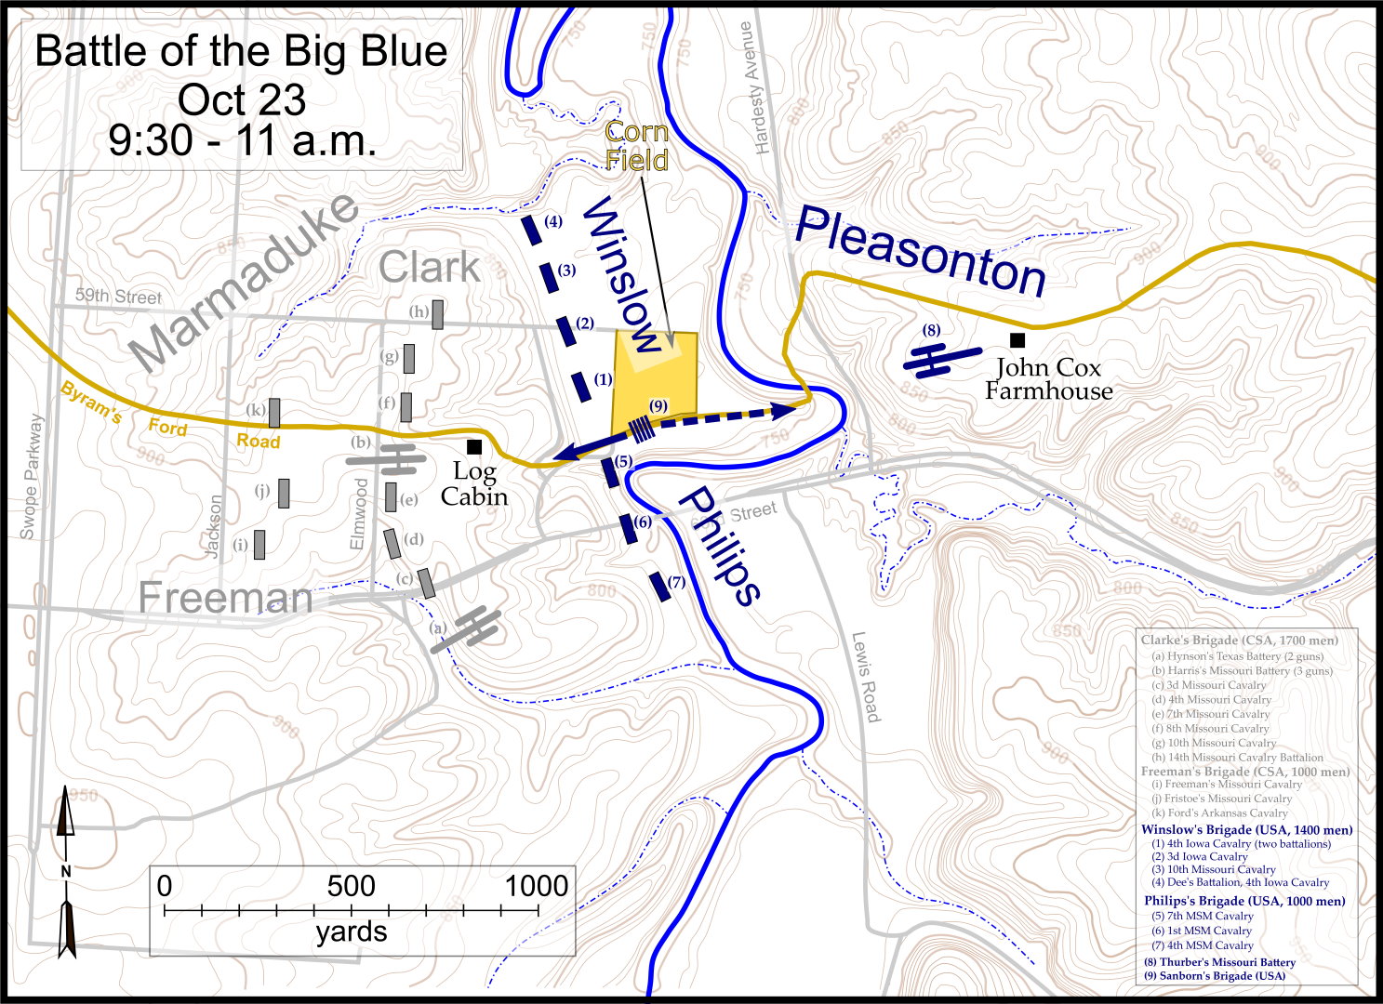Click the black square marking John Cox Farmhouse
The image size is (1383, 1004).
coord(1017,340)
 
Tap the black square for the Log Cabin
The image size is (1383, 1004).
coord(474,447)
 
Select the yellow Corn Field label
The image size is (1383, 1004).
coord(637,146)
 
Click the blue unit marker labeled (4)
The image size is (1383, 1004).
coord(531,230)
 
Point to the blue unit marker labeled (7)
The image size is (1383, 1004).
coord(659,587)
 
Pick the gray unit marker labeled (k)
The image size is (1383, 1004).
coord(274,412)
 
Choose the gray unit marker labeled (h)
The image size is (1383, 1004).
coord(437,314)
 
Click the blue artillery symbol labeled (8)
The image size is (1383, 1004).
coord(941,359)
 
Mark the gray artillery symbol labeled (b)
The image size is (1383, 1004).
coord(387,457)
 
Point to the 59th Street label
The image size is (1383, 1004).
coord(118,296)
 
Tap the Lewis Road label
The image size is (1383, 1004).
coord(865,677)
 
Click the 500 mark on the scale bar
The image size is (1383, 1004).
coord(351,886)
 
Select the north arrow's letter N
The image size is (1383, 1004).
coord(65,871)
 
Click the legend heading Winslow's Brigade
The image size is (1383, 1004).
coord(1246,830)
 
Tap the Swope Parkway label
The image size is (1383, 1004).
coord(31,477)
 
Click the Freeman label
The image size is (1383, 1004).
coord(225,598)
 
